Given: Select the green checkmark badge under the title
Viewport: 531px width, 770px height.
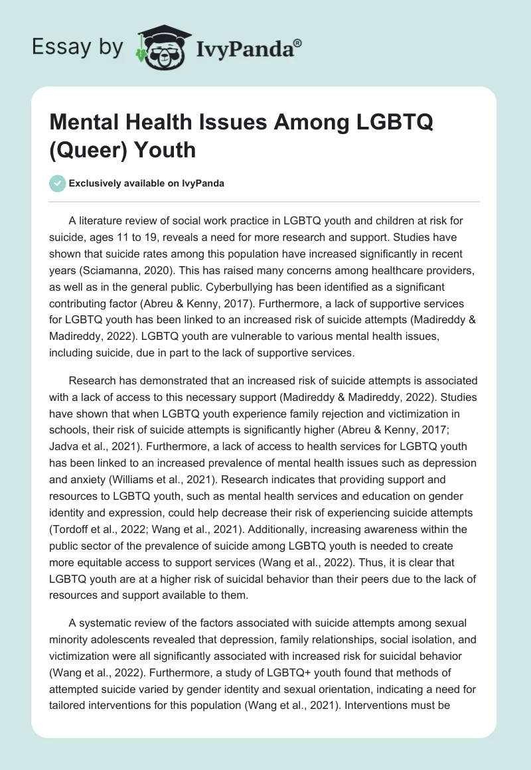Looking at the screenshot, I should tap(58, 183).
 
